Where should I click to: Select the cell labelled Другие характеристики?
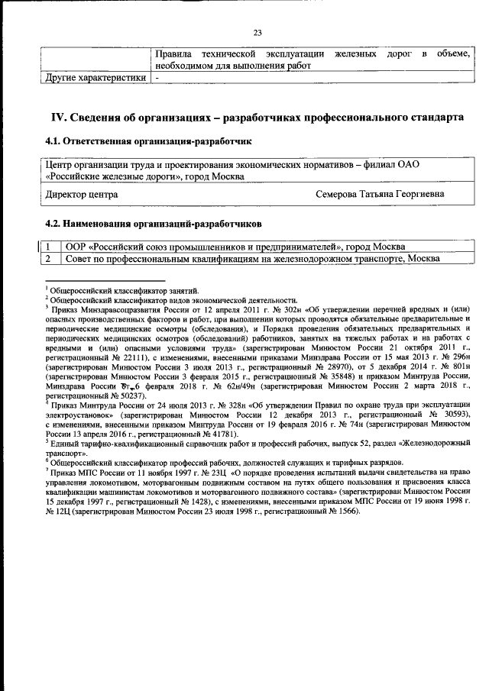click(93, 78)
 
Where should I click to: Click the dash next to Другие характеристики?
click(157, 78)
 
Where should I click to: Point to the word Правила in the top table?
click(173, 54)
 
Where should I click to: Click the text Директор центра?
click(82, 195)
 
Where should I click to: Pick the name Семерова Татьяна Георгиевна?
click(379, 195)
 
